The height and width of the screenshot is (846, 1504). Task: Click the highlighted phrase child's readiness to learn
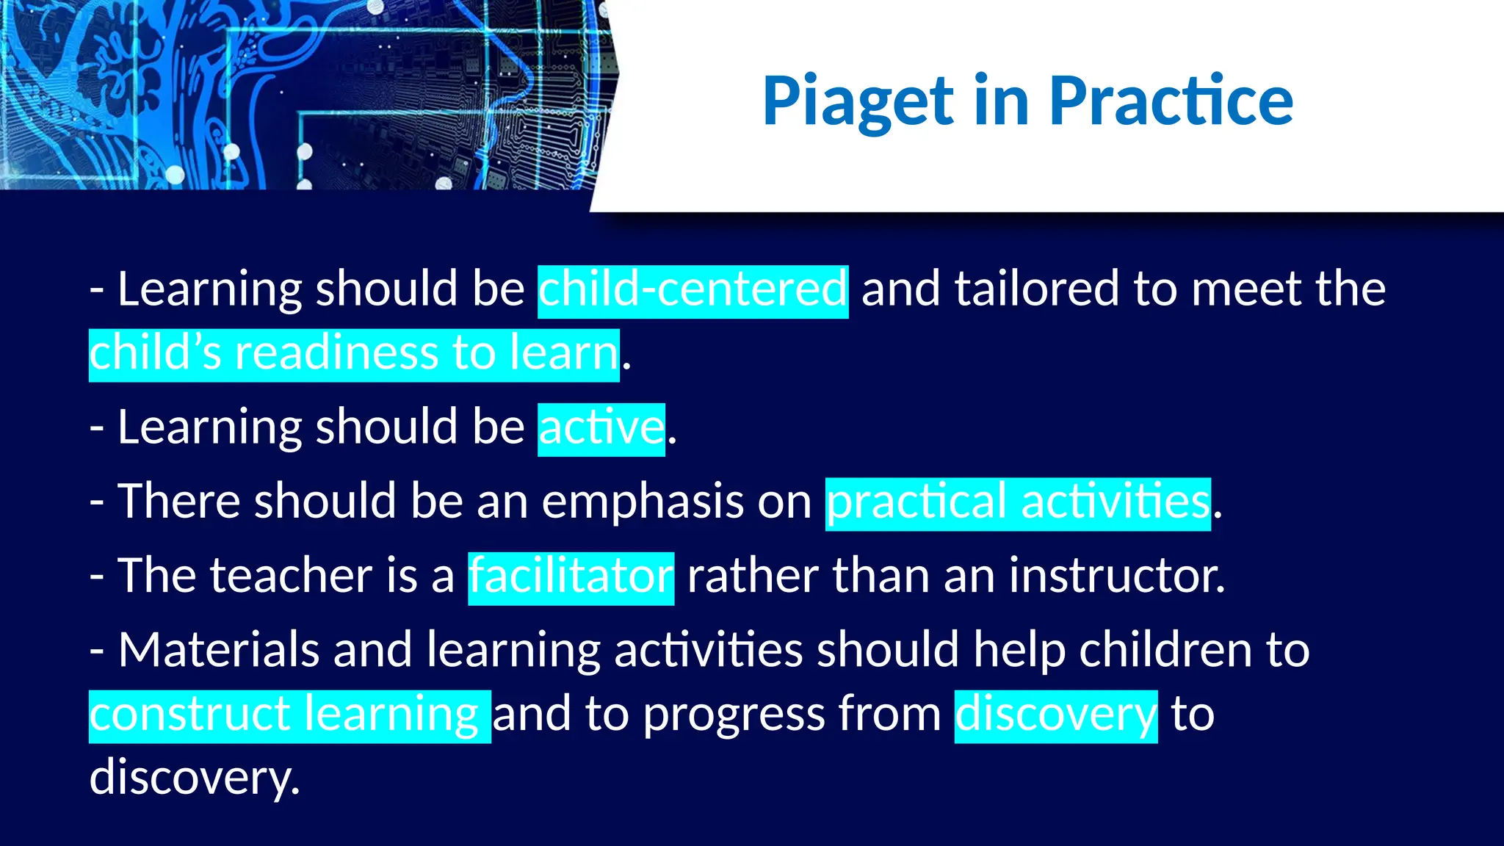coord(354,353)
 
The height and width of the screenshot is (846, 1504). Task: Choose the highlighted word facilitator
coord(571,576)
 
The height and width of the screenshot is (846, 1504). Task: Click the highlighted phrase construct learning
coord(289,715)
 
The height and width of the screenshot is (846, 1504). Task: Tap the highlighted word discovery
coord(1055,715)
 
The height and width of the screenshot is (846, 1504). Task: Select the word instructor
coord(1116,576)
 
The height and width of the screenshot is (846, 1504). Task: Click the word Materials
coord(218,651)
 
